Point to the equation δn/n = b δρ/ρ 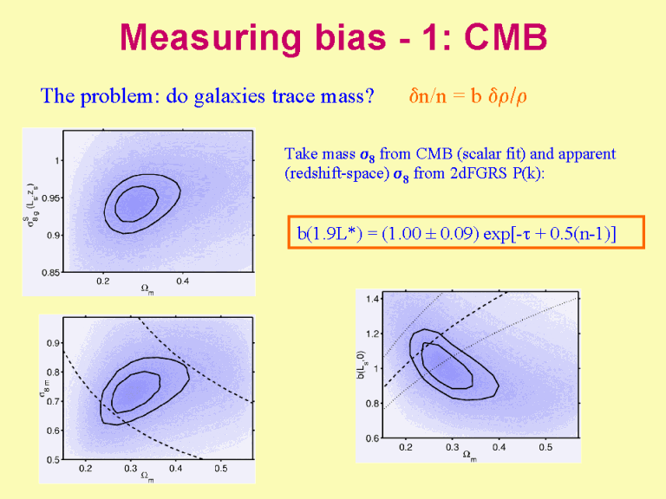[x=467, y=95]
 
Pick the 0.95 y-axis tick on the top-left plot [x=49, y=198]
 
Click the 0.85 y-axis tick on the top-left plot [x=49, y=272]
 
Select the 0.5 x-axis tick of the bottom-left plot [x=220, y=469]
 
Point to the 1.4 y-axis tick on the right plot [x=372, y=299]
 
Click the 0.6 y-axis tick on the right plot [x=372, y=438]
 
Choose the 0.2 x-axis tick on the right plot [x=405, y=448]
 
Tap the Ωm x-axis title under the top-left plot [x=147, y=290]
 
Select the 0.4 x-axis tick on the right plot [x=499, y=448]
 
